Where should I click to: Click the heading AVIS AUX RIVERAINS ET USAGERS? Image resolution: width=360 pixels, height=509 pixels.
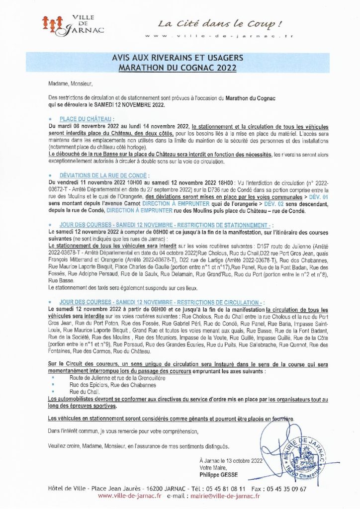pos(180,58)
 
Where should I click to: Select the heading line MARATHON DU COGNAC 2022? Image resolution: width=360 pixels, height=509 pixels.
pos(180,67)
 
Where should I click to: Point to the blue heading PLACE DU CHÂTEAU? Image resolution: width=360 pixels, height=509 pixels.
pos(86,120)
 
